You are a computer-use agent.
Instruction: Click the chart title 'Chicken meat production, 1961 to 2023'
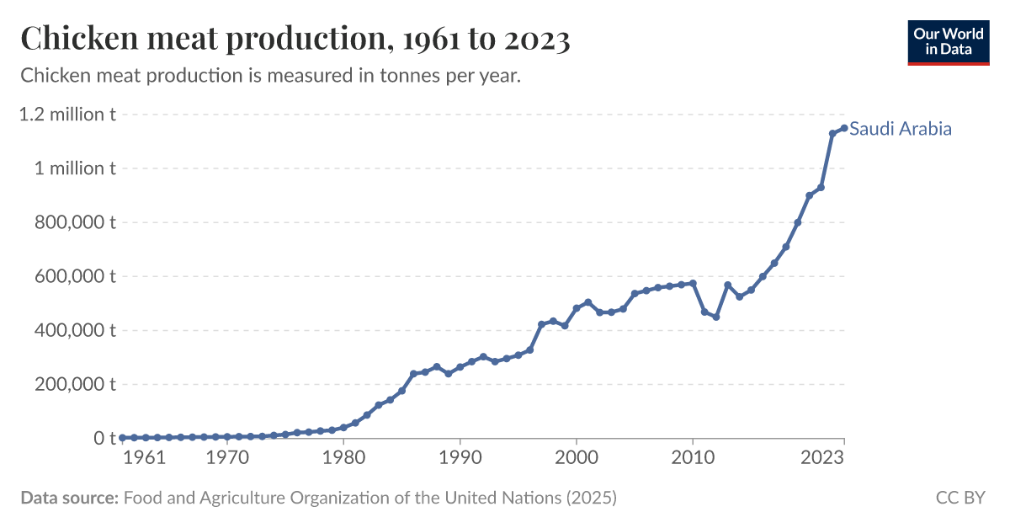click(295, 39)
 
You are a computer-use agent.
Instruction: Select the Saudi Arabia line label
click(901, 129)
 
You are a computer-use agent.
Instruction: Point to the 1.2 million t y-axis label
click(67, 115)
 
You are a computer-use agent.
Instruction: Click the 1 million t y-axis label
click(75, 168)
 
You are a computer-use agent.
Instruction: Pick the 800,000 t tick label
click(74, 222)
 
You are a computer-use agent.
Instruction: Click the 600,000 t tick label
click(74, 276)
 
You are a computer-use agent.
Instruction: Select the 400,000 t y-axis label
click(74, 330)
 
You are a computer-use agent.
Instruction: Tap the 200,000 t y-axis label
click(74, 384)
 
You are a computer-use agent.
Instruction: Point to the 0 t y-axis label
click(104, 438)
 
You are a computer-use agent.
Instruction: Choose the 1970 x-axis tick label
click(227, 457)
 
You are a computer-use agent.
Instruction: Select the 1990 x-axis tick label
click(460, 457)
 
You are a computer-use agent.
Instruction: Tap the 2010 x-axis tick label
click(693, 457)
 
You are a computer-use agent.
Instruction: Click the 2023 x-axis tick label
click(823, 457)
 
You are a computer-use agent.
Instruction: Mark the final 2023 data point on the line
click(843, 128)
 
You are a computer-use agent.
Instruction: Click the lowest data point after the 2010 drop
click(716, 317)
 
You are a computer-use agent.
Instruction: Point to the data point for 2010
click(693, 283)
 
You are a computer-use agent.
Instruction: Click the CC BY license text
click(960, 498)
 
